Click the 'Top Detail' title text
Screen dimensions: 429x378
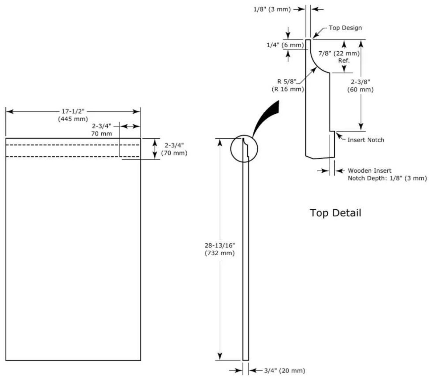coord(335,213)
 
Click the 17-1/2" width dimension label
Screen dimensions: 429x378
coord(73,111)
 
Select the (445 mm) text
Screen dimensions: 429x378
coord(73,119)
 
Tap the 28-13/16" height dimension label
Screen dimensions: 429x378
coord(220,245)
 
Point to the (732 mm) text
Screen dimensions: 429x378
coord(220,253)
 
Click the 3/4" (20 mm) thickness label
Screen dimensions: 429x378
coord(284,370)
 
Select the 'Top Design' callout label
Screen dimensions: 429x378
coord(345,28)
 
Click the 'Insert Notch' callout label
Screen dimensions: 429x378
coord(366,140)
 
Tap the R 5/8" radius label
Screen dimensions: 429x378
coord(287,82)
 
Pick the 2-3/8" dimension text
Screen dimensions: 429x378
coord(360,82)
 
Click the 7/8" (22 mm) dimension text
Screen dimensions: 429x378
coord(339,53)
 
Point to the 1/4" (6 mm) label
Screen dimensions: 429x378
coord(285,45)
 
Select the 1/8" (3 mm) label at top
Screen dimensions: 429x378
coord(272,9)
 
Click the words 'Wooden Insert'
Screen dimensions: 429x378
coord(369,170)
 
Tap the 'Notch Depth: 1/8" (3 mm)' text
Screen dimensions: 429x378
coord(387,178)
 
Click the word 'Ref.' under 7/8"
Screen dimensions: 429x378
coord(344,61)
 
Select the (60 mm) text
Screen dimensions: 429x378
coord(360,89)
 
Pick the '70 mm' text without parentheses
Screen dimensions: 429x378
coord(101,134)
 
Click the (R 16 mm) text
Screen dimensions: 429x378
coord(288,89)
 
